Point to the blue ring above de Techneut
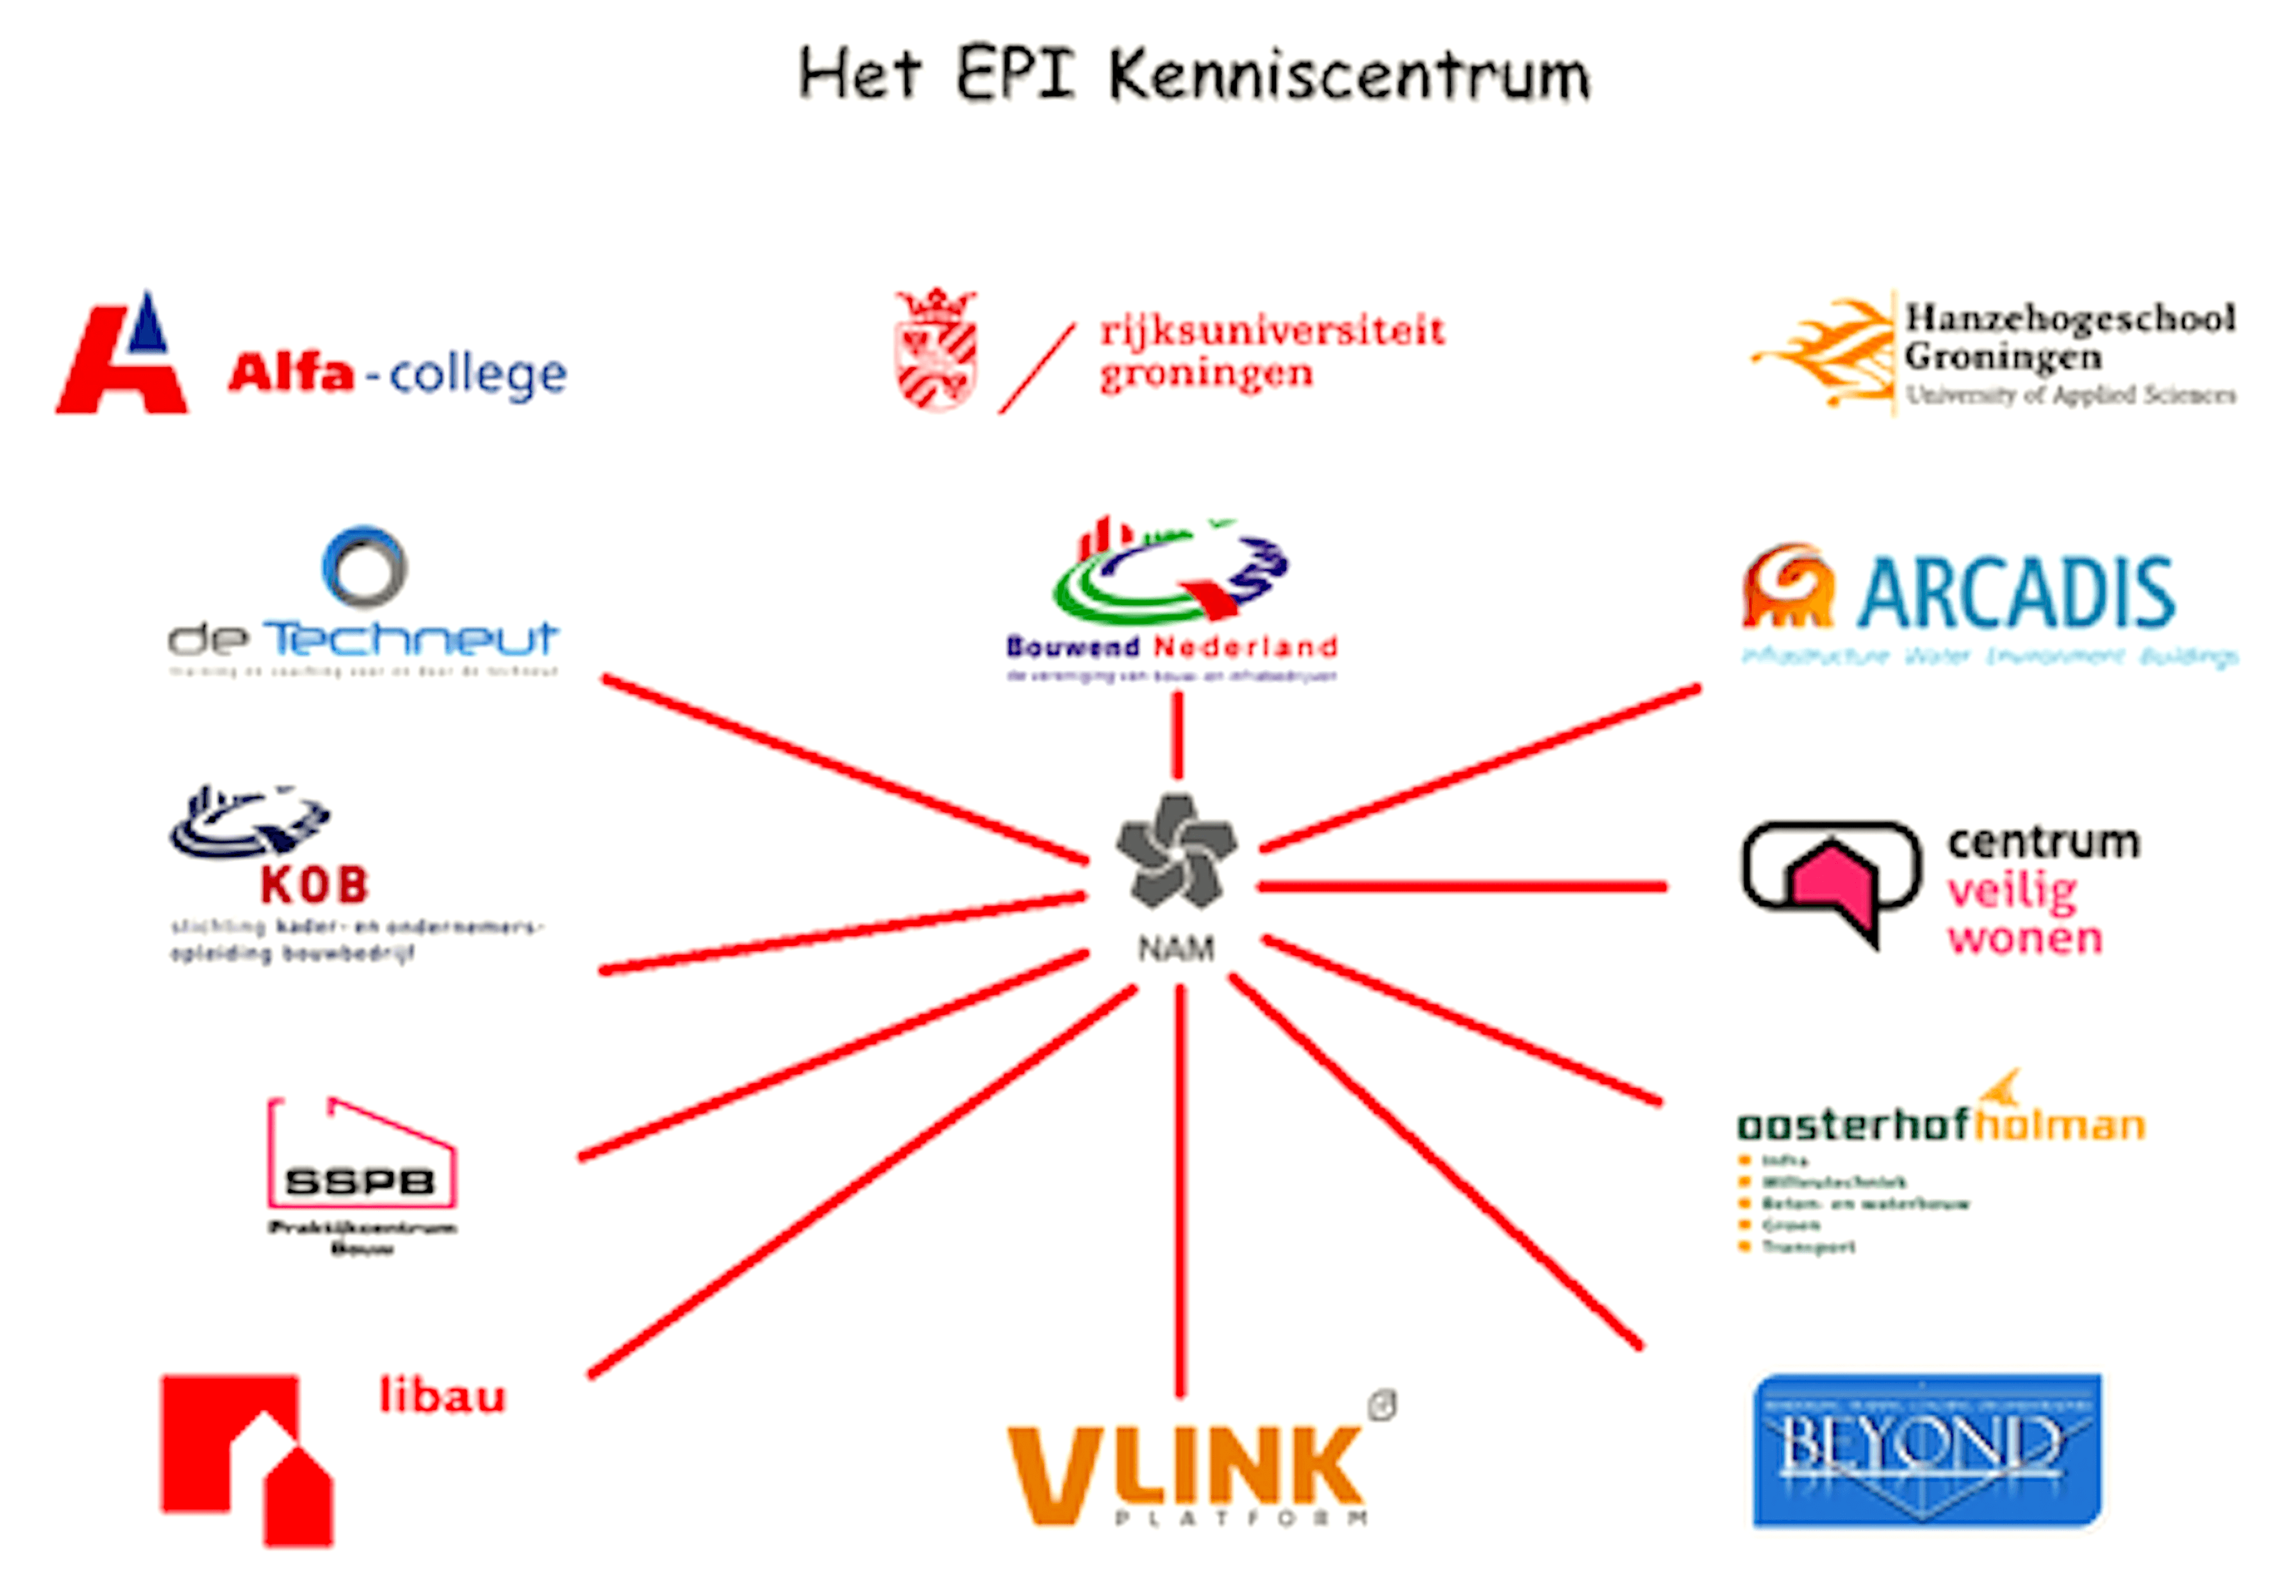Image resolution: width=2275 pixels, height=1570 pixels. (x=364, y=566)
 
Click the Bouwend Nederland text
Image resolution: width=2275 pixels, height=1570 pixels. (x=1170, y=647)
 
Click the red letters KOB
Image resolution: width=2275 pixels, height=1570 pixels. (x=315, y=886)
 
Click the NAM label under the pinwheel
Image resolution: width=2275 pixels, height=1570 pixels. (x=1175, y=948)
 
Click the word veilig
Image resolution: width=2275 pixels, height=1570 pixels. (x=2012, y=892)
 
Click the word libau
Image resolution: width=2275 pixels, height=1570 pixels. (x=443, y=1396)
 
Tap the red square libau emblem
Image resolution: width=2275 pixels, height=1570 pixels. (x=246, y=1456)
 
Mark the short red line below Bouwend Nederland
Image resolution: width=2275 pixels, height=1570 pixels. (x=1177, y=735)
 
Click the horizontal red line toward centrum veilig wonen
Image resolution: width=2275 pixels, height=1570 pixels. (x=1462, y=886)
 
